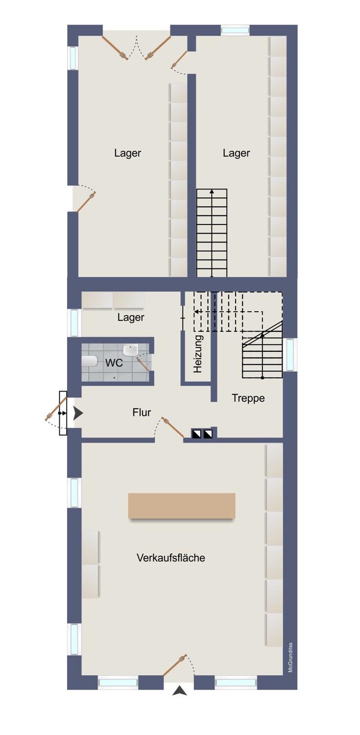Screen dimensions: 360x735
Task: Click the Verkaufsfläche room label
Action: point(171,558)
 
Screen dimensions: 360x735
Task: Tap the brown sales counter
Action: point(182,506)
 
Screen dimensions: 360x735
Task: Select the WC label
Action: point(114,363)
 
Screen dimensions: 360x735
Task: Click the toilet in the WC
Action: point(90,361)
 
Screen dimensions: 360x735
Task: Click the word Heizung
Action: point(198,354)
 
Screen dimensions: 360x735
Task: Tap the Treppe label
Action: point(248,398)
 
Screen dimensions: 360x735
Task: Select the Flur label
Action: point(142,412)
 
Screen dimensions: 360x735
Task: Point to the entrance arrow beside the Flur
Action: point(78,413)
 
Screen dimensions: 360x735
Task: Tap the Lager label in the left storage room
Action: point(127,153)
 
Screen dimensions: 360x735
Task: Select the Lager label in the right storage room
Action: point(237,153)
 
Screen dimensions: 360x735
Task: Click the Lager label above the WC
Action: point(131,318)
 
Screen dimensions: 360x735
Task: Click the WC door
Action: point(144,365)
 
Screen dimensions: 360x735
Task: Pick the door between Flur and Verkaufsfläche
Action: point(172,427)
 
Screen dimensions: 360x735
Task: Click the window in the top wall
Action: point(235,30)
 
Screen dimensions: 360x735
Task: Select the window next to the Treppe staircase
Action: point(290,354)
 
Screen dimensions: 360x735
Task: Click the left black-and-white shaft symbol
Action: point(196,434)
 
